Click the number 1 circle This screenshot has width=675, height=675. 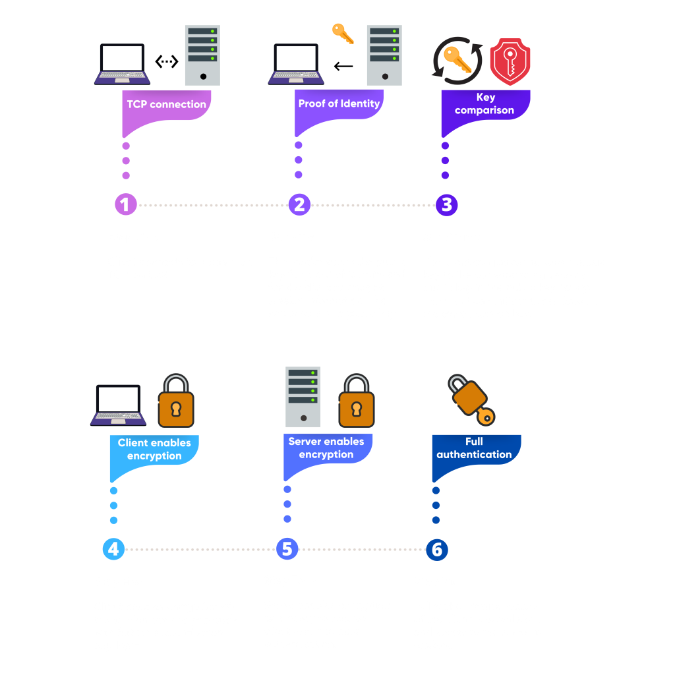125,205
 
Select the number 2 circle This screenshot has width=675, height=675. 299,205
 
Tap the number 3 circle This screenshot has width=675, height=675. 446,205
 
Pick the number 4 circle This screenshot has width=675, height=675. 113,549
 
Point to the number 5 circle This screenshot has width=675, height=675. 287,549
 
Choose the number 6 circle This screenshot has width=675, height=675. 436,549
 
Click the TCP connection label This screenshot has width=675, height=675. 166,105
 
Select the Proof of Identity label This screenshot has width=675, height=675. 339,103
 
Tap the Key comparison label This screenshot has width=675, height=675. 484,104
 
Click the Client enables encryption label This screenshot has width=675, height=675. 154,450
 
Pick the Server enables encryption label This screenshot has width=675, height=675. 326,448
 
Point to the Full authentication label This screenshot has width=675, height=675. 474,448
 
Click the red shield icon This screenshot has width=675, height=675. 510,63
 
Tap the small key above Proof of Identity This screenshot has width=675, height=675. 343,33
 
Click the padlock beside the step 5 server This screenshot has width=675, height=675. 356,402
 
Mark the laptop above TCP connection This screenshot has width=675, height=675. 122,64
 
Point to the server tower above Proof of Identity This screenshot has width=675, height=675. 384,55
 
